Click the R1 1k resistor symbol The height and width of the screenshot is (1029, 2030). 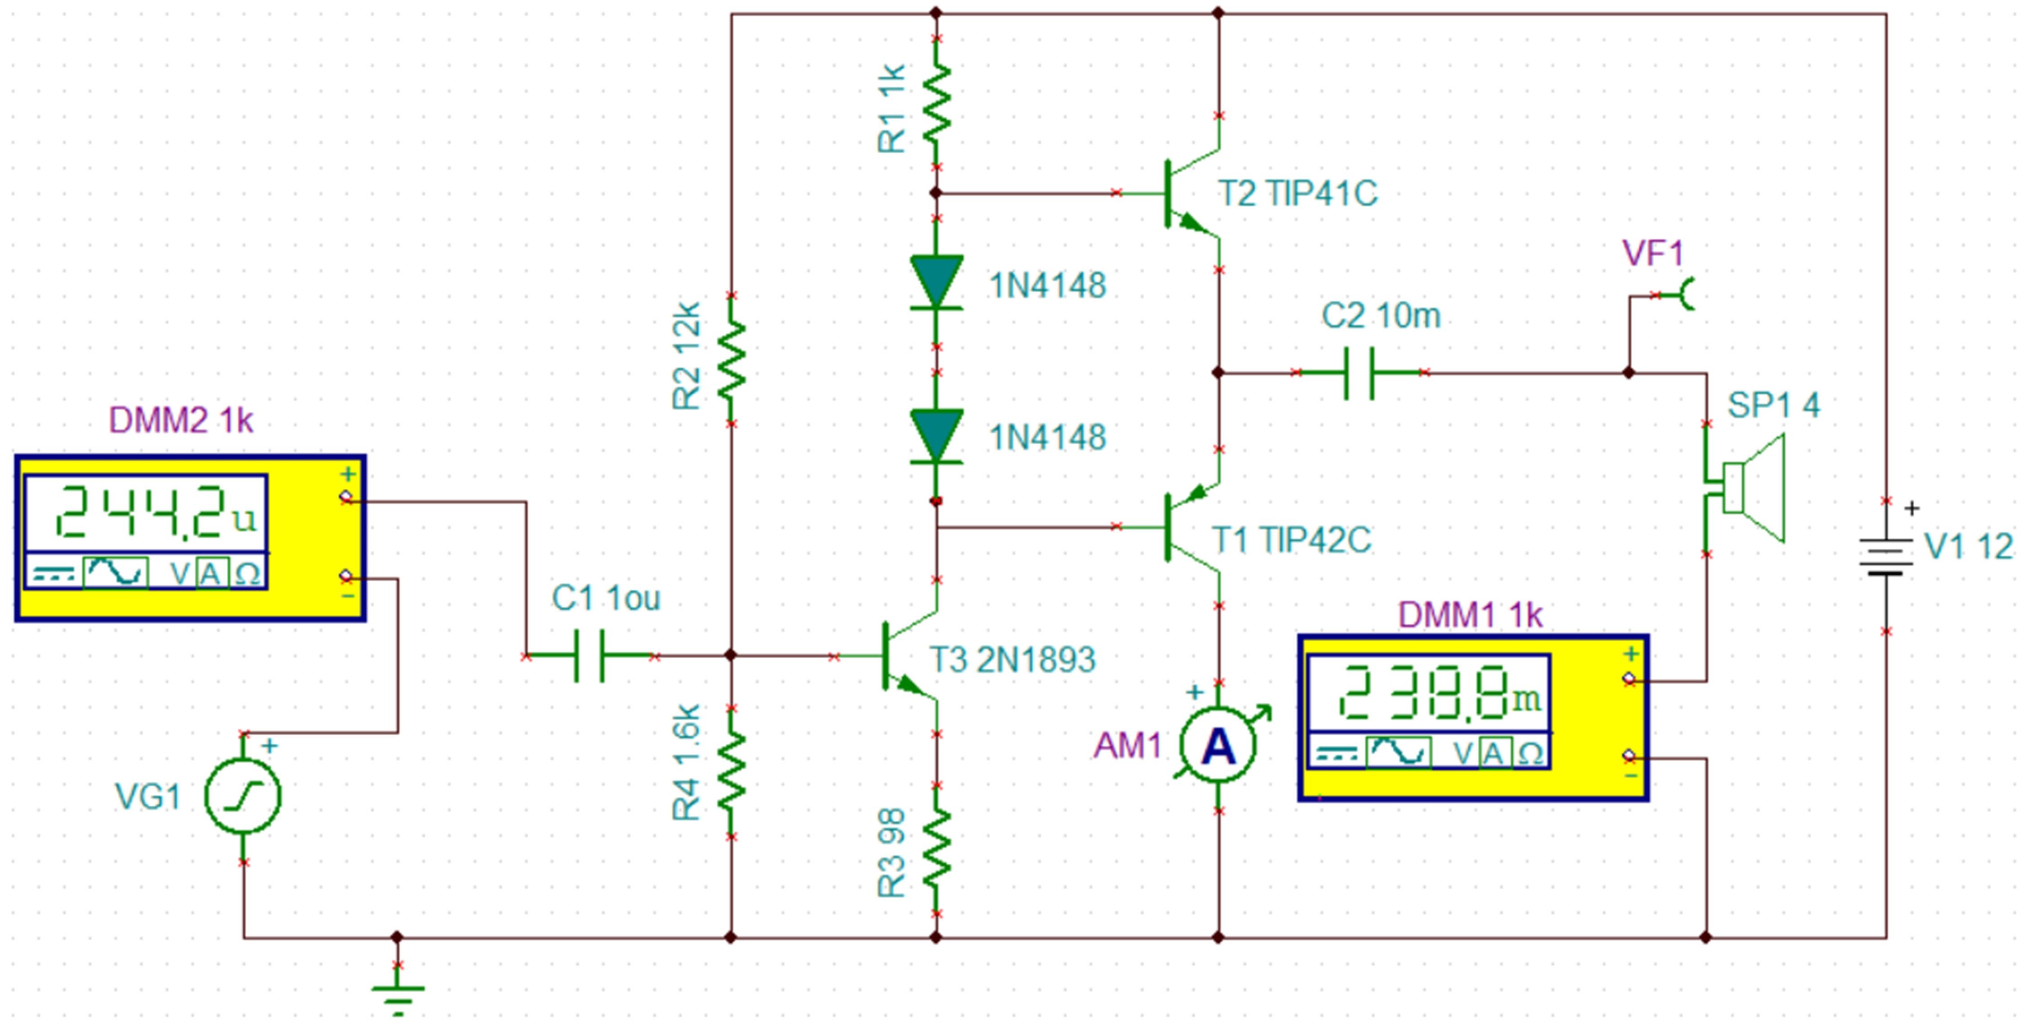(x=936, y=103)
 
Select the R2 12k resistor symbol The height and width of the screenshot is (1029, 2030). (x=731, y=359)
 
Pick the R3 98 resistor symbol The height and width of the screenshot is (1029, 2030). (x=936, y=850)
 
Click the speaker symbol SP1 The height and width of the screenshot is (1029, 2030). (x=1750, y=489)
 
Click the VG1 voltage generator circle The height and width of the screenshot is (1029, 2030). (x=243, y=796)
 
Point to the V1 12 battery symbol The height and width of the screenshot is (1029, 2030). (x=1886, y=556)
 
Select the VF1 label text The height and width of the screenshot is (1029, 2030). (x=1652, y=254)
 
